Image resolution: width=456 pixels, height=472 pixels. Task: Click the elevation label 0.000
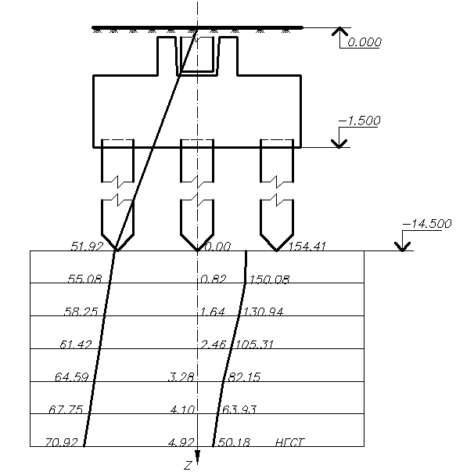[x=364, y=41]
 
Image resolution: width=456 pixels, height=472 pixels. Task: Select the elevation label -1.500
[x=360, y=121]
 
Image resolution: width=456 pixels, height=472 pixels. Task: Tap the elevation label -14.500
[x=427, y=224]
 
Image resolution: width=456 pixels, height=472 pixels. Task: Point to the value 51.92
[x=87, y=247]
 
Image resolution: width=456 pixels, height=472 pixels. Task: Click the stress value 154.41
[x=307, y=247]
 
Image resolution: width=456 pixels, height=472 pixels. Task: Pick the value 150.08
[x=269, y=279]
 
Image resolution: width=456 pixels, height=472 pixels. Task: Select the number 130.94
[x=263, y=312]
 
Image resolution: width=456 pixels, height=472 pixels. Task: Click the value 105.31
[x=254, y=344]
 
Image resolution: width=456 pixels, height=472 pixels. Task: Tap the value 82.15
[x=244, y=377]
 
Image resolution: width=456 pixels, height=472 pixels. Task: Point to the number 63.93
[x=239, y=409]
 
